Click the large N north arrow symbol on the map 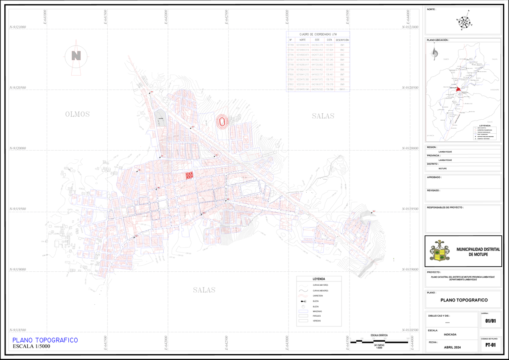[x=76, y=56]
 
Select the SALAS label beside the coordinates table [x=323, y=116]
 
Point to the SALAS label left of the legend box [x=204, y=290]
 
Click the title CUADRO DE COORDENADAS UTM [x=318, y=34]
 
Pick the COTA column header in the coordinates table [x=329, y=39]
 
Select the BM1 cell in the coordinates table [x=342, y=45]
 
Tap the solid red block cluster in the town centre [x=189, y=175]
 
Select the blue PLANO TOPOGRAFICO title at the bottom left [x=45, y=340]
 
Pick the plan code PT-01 [x=491, y=345]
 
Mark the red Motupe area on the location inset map [x=458, y=90]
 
